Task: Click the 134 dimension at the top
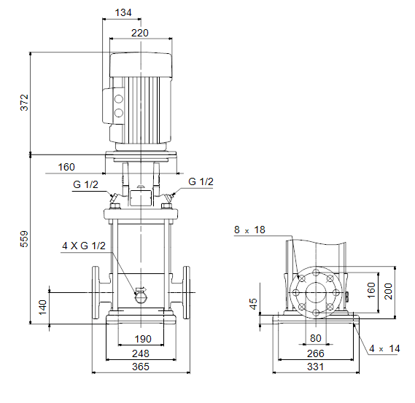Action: pos(123,12)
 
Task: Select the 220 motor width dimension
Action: pos(140,33)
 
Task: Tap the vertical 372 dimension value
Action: pos(24,102)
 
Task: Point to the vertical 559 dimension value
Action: pos(24,239)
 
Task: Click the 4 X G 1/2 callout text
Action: pos(84,246)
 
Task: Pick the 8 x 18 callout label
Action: pos(249,230)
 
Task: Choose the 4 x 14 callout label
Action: pos(384,348)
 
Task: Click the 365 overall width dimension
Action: pos(141,367)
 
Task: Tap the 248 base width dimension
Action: pos(141,353)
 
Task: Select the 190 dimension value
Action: pos(143,339)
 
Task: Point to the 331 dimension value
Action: pos(316,367)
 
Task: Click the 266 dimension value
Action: pos(316,353)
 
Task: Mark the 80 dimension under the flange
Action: pos(316,338)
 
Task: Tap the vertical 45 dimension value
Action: pos(253,304)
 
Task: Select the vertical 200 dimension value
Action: pos(388,292)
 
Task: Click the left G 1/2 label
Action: pos(85,184)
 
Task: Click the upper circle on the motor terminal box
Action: pos(119,99)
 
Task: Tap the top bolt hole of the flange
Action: pos(316,273)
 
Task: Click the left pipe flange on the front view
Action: pos(96,292)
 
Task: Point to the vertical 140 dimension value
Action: pos(42,308)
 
